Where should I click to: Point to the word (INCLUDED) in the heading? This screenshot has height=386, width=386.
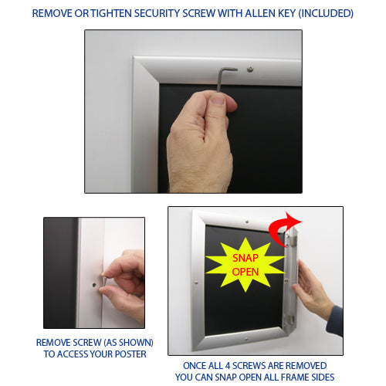pos(325,13)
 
